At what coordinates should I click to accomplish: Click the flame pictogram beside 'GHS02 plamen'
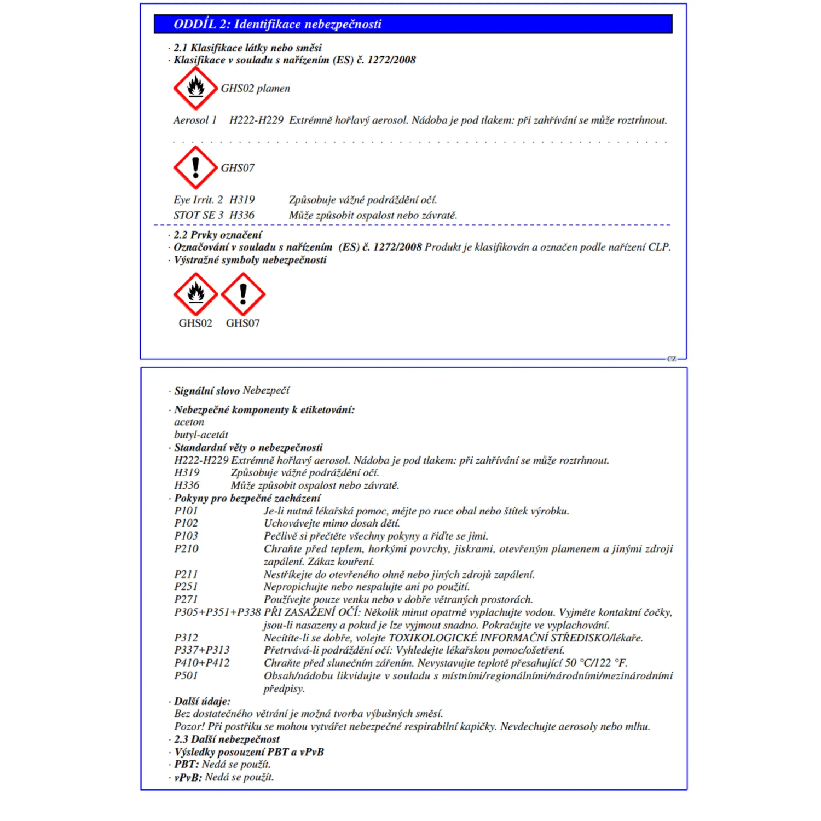tap(195, 88)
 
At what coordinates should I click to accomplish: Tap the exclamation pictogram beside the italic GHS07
tap(195, 167)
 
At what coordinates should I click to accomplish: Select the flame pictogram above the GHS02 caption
tap(195, 294)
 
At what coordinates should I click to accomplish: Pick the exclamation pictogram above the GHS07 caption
tap(243, 294)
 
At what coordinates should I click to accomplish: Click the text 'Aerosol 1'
tap(195, 120)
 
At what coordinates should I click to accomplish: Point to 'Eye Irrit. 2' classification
tap(198, 200)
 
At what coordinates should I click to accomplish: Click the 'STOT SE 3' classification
tap(198, 215)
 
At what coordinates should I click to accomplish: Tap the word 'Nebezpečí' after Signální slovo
tap(266, 390)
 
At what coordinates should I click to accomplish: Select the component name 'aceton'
tap(189, 422)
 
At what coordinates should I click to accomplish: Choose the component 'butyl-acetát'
tap(201, 435)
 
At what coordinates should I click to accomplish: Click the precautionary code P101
tap(186, 511)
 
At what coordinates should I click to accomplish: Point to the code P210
tap(186, 548)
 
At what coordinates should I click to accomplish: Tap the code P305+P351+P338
tap(217, 612)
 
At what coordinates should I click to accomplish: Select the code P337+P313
tap(202, 650)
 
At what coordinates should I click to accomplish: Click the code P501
tap(186, 675)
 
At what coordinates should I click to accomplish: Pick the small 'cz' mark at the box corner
tap(672, 359)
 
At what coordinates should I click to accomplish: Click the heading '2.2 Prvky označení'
tap(218, 235)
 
